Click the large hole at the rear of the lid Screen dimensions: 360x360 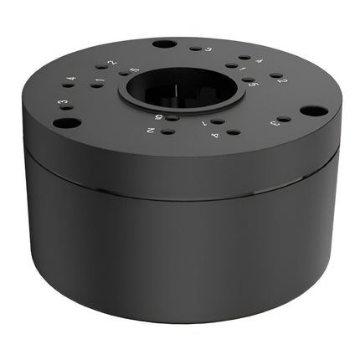click(166, 44)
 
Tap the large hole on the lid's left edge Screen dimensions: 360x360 click(66, 122)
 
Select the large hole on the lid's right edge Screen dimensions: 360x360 click(311, 111)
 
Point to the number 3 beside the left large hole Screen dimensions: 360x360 click(61, 104)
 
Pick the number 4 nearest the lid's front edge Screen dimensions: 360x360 click(215, 136)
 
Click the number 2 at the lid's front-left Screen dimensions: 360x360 click(151, 131)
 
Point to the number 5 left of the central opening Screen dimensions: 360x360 click(135, 71)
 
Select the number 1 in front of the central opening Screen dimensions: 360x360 click(204, 123)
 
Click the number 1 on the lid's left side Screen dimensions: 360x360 click(100, 81)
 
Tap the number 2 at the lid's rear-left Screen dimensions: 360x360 click(111, 63)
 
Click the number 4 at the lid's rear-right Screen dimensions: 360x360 click(259, 61)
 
